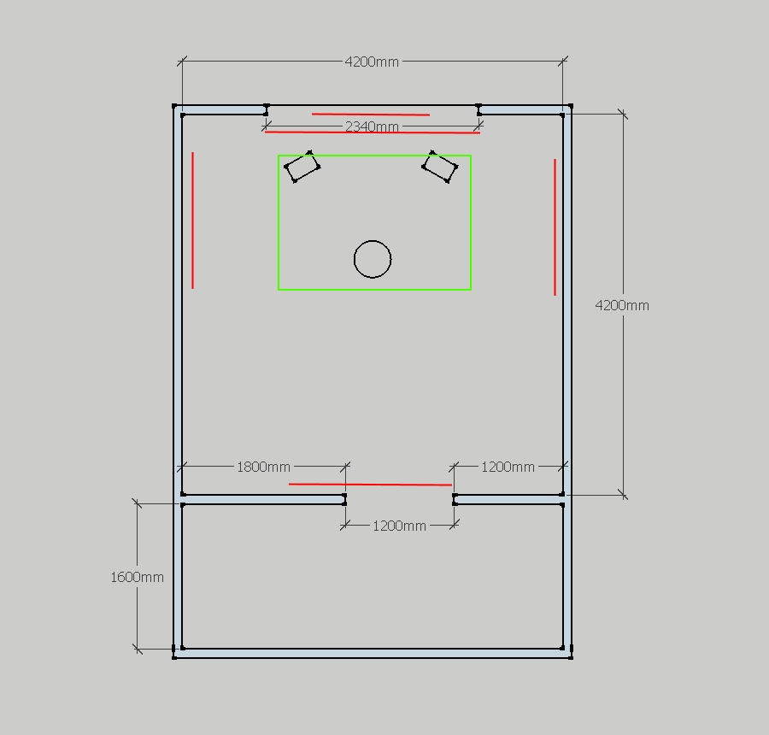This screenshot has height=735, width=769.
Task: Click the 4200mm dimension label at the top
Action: [x=372, y=62]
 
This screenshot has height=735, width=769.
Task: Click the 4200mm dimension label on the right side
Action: [x=622, y=306]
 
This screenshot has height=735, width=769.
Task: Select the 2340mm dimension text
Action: [x=372, y=126]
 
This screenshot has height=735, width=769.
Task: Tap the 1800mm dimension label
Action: [x=263, y=467]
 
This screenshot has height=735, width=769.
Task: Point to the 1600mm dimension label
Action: [x=137, y=577]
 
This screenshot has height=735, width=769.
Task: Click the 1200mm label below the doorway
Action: [x=399, y=526]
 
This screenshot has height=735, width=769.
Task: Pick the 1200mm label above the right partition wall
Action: [x=508, y=467]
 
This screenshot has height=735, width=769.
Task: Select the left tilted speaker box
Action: [x=302, y=167]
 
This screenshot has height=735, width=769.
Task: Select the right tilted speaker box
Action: [x=440, y=167]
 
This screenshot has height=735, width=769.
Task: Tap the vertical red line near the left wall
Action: [x=193, y=220]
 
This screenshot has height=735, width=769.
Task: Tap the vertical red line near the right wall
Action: [x=555, y=227]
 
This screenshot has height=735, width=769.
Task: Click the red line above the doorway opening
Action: [x=370, y=485]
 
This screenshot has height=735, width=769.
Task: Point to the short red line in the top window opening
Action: [x=371, y=115]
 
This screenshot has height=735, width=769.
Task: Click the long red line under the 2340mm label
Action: [x=373, y=132]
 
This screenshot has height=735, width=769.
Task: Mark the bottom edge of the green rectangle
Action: [x=375, y=290]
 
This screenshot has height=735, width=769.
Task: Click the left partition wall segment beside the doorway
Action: [x=263, y=499]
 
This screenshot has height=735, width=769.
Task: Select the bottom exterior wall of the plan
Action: [x=373, y=653]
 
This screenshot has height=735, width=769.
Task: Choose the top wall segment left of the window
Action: [x=220, y=110]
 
